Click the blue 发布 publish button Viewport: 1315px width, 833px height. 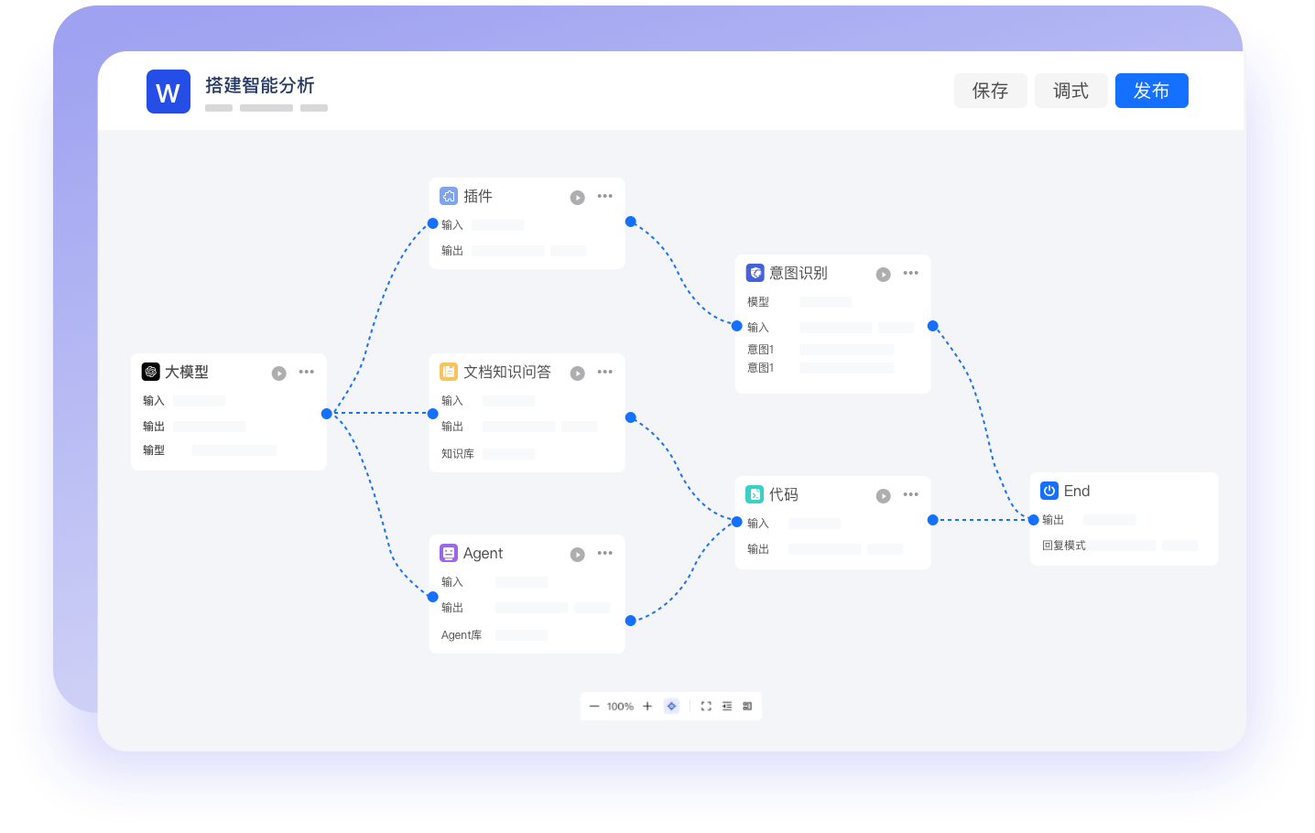1151,91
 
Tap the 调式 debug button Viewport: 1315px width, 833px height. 1070,91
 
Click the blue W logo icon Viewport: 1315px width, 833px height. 168,92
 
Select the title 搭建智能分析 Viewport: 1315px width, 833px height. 260,86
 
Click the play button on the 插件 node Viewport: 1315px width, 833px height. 577,198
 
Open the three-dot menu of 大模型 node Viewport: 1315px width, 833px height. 307,372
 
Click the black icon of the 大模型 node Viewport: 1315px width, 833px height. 151,372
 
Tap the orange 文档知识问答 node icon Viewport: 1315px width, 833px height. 449,372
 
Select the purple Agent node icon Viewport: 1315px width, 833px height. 449,553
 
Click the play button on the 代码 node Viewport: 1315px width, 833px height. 883,496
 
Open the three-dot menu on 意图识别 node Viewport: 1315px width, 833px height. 910,273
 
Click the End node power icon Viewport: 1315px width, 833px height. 1049,491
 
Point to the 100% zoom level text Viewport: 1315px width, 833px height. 620,706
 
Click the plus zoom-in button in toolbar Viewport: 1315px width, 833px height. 647,706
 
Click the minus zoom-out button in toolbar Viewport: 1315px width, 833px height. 594,706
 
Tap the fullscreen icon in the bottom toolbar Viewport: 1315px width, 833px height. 706,706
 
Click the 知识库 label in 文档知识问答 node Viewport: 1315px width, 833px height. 457,454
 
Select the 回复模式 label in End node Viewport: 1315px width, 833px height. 1064,546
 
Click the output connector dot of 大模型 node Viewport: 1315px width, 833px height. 327,414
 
